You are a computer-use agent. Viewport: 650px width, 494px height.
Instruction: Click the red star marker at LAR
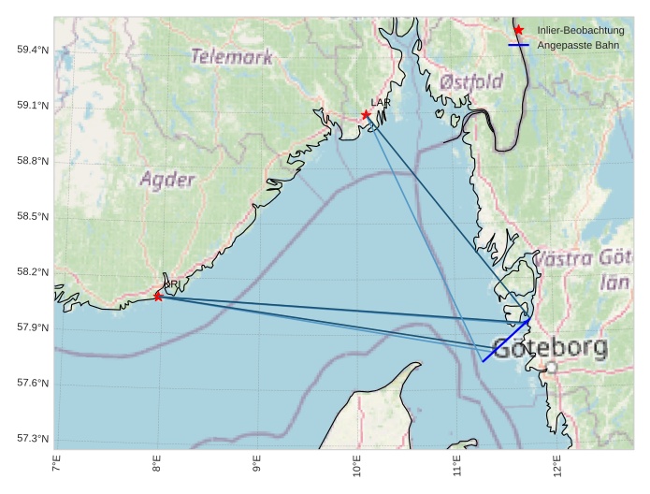click(367, 115)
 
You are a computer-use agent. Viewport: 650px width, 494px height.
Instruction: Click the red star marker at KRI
click(158, 297)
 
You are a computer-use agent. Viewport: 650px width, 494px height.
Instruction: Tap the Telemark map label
click(232, 57)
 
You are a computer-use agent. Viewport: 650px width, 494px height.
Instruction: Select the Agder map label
click(168, 180)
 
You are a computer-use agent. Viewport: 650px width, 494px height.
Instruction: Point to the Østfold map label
click(471, 82)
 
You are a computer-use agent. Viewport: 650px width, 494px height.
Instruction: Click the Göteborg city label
click(550, 349)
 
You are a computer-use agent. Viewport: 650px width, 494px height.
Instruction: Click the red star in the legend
click(519, 31)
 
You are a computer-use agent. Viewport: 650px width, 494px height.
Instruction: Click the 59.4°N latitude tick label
click(33, 50)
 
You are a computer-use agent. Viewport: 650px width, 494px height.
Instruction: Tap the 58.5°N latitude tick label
click(33, 217)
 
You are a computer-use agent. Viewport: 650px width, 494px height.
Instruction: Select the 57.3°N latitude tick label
click(33, 439)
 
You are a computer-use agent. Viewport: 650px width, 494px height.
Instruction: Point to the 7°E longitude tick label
click(56, 463)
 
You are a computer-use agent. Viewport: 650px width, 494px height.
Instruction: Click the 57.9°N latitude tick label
click(33, 328)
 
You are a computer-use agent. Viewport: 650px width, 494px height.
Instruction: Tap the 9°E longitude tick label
click(256, 463)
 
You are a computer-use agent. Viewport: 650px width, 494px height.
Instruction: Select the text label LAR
click(380, 102)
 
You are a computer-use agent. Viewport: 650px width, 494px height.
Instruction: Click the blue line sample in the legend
click(519, 45)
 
